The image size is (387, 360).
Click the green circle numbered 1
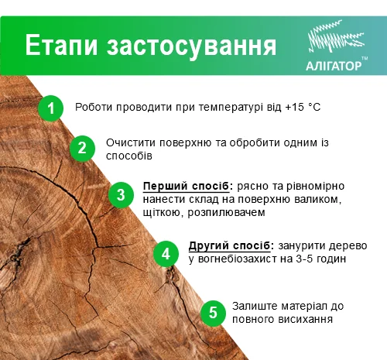[x=50, y=108]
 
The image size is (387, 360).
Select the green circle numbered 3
[x=120, y=194]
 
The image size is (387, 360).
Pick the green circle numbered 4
[x=165, y=252]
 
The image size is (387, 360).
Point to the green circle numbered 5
[x=212, y=313]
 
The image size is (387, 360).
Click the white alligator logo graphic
[x=334, y=39]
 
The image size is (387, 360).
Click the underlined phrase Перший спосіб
[x=187, y=187]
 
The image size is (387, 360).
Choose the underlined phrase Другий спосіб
[x=229, y=245]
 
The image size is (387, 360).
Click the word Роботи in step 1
[x=94, y=107]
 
